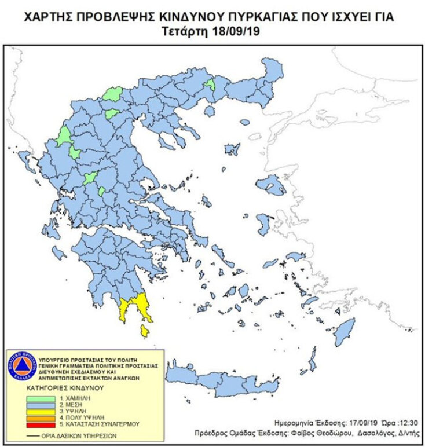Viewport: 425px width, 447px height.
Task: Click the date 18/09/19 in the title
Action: pos(235,30)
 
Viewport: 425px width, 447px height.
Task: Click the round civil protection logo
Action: pos(21,365)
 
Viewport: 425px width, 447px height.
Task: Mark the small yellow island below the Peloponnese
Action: pos(144,331)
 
